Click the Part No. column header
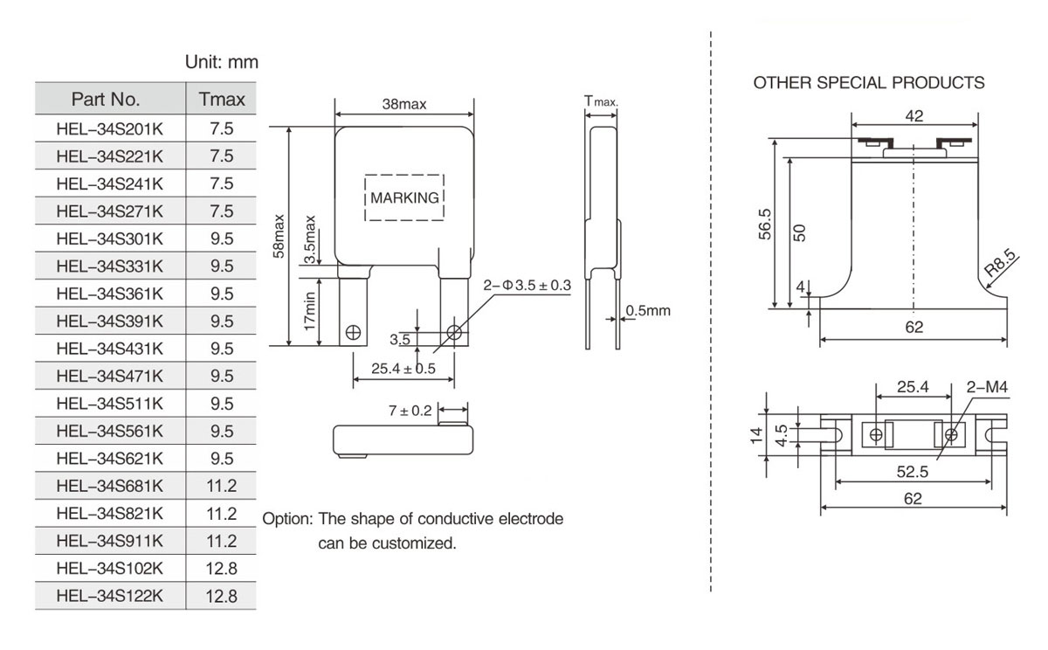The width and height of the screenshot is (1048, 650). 110,99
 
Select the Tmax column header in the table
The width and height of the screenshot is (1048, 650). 222,99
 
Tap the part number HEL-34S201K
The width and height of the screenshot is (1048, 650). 110,128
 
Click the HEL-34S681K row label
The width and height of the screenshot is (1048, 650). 110,485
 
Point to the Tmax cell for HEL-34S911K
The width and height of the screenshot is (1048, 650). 222,541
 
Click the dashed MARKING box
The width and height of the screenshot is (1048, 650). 404,197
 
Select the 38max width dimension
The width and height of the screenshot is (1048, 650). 404,105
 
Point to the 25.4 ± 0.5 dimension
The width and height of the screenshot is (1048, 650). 403,369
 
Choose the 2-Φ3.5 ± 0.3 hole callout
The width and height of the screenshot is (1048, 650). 527,285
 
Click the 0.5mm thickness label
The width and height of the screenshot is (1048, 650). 648,311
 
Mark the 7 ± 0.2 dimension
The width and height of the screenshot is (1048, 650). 410,411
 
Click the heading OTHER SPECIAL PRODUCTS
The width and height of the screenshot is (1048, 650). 869,83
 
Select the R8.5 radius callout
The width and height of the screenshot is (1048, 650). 1000,263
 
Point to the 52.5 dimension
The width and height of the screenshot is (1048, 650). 912,472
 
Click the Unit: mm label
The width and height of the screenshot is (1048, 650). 222,63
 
